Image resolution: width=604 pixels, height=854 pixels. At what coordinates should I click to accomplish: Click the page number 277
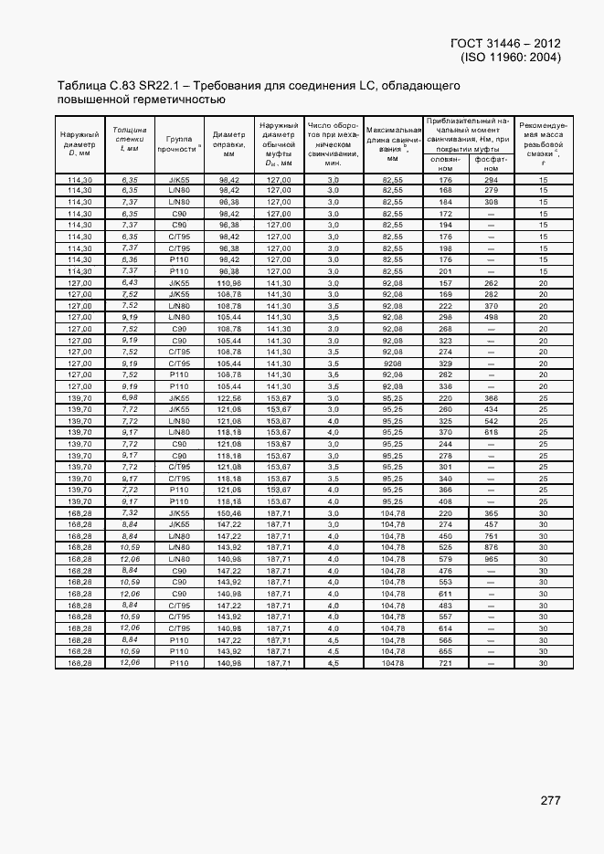pos(550,800)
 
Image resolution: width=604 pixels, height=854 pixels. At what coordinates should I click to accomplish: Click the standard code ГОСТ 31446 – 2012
pos(506,43)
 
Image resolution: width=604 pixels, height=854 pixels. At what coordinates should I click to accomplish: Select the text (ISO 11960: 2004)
pos(512,57)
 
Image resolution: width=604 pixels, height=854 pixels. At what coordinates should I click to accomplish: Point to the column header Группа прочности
pos(178,143)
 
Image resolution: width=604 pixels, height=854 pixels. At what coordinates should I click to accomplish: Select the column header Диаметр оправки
pos(228,143)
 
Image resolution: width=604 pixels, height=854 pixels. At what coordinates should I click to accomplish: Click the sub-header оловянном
pos(445,163)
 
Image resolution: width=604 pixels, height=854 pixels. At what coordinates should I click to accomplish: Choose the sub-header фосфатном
pos(491,163)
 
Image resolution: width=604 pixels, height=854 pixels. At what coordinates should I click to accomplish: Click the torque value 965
pos(491,558)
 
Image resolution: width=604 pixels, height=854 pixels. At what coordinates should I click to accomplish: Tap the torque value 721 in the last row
pos(445,662)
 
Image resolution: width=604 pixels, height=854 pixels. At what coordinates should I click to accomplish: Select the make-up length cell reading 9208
pos(393,363)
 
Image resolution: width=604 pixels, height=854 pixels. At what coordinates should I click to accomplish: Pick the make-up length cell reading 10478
pos(393,662)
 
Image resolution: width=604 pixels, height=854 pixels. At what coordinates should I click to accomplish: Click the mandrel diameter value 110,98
pos(228,282)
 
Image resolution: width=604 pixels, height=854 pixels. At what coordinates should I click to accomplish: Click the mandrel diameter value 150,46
pos(228,513)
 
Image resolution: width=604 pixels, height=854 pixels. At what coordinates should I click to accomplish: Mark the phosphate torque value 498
pos(491,317)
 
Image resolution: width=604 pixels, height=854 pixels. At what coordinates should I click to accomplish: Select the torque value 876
pos(491,547)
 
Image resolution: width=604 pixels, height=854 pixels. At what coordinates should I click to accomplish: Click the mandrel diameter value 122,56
pos(228,397)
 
